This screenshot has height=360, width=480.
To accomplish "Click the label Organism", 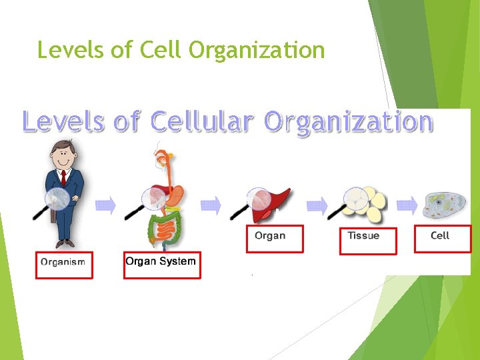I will pyautogui.click(x=63, y=262).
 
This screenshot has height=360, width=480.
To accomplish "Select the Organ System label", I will pyautogui.click(x=161, y=261).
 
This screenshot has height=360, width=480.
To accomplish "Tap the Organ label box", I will pyautogui.click(x=270, y=235).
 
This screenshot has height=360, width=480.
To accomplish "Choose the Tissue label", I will pyautogui.click(x=363, y=235).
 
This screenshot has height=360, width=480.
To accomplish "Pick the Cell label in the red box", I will pyautogui.click(x=440, y=235).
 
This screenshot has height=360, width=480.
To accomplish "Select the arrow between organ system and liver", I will pyautogui.click(x=211, y=205).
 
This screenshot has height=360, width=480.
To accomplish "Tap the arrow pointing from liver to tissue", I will pyautogui.click(x=317, y=205).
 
